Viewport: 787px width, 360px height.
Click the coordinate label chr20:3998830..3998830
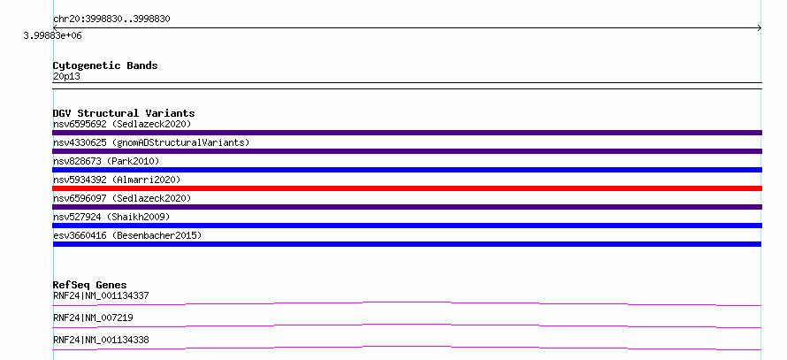pyautogui.click(x=111, y=19)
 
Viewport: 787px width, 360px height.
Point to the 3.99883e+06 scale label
pyautogui.click(x=53, y=36)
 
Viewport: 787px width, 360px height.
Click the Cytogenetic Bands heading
pyautogui.click(x=105, y=65)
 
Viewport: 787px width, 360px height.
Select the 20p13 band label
pyautogui.click(x=66, y=77)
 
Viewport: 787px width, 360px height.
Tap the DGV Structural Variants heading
pyautogui.click(x=124, y=113)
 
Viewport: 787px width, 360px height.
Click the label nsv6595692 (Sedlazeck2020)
pyautogui.click(x=122, y=124)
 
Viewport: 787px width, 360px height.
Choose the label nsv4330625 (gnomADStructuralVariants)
pyautogui.click(x=151, y=142)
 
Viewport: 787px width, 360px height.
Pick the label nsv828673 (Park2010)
pyautogui.click(x=106, y=161)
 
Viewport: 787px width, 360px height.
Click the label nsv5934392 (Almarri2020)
pyautogui.click(x=117, y=180)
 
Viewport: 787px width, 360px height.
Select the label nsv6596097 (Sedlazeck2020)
pyautogui.click(x=122, y=198)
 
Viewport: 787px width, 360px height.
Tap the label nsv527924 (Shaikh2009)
pyautogui.click(x=111, y=217)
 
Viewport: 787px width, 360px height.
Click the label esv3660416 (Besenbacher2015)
pyautogui.click(x=127, y=235)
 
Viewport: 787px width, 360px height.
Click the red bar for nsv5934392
pyautogui.click(x=407, y=188)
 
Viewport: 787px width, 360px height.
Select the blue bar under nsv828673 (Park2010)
pyautogui.click(x=407, y=170)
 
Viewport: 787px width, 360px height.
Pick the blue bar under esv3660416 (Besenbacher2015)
pyautogui.click(x=407, y=244)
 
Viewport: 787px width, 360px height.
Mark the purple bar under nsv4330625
pyautogui.click(x=407, y=151)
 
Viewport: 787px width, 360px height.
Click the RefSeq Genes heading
pyautogui.click(x=90, y=285)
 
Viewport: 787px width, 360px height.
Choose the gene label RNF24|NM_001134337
pyautogui.click(x=101, y=295)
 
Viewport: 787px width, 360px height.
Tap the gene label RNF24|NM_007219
pyautogui.click(x=93, y=318)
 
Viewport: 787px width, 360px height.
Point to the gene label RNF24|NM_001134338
pyautogui.click(x=101, y=340)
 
